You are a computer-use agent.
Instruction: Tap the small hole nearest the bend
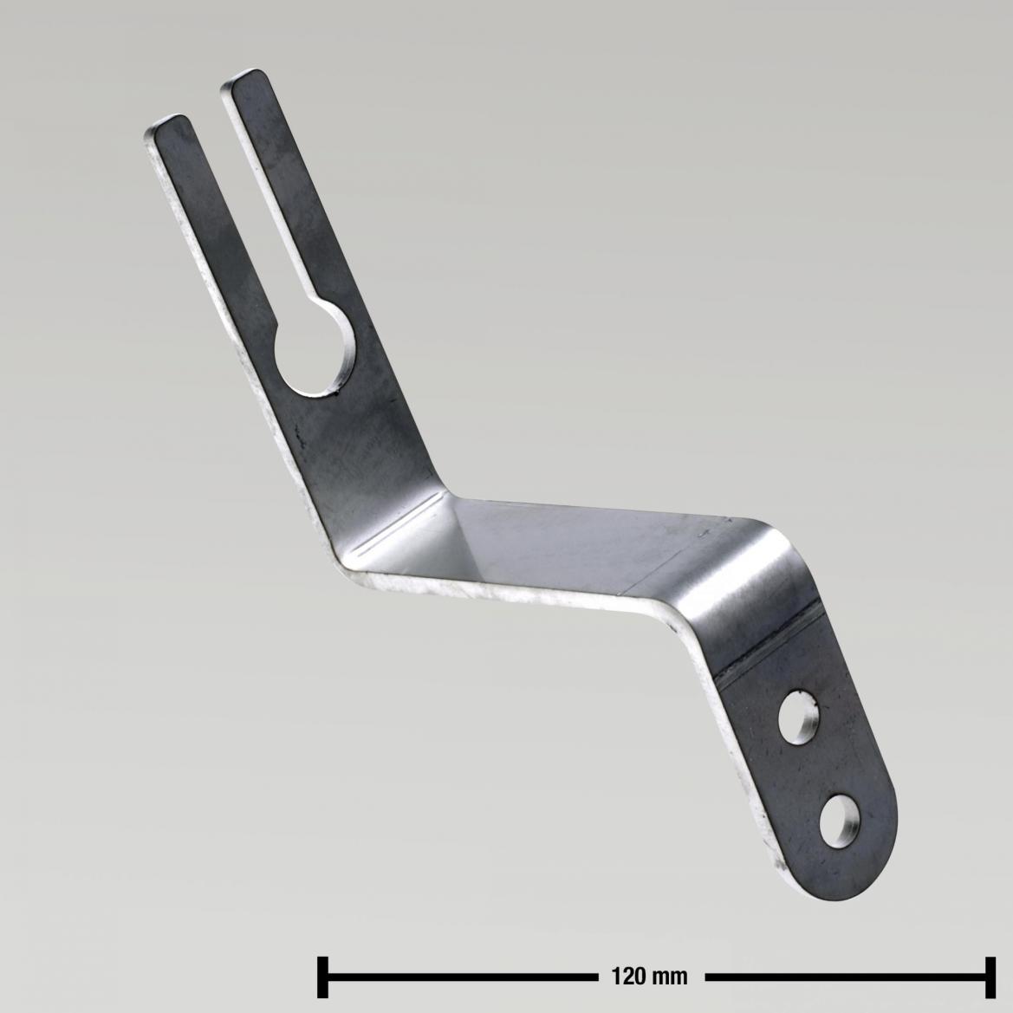tap(801, 717)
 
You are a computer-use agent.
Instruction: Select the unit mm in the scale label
tap(671, 977)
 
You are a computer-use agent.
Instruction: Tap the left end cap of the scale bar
tap(322, 977)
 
